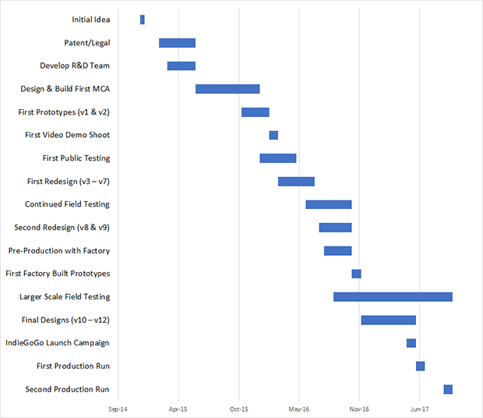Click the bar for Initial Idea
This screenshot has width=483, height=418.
coord(142,19)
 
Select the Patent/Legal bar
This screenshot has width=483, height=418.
coord(177,43)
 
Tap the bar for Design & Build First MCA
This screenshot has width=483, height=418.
coord(227,89)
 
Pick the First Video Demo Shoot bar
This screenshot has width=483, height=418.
coord(273,135)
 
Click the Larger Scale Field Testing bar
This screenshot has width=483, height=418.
coord(393,296)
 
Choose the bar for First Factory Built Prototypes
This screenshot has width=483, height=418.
coord(356,274)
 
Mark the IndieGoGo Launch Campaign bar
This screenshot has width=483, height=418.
coord(411,343)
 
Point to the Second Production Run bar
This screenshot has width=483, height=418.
coord(448,389)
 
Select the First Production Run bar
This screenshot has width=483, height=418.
coord(420,366)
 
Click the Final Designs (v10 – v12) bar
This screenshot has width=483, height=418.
coord(388,320)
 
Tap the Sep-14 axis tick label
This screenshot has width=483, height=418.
coord(118,408)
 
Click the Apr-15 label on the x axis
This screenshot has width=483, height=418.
coord(178,408)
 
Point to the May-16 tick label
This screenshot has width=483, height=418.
coord(298,408)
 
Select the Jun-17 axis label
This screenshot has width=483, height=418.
coord(419,408)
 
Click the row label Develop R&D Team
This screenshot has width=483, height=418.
coord(75,66)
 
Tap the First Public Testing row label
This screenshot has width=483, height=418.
coord(76,158)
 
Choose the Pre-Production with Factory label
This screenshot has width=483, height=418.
coord(59,250)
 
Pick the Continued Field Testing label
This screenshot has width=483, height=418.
coord(67,204)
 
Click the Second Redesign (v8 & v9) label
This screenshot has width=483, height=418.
coord(62,228)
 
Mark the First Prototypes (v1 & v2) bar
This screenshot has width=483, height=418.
coord(255,112)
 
